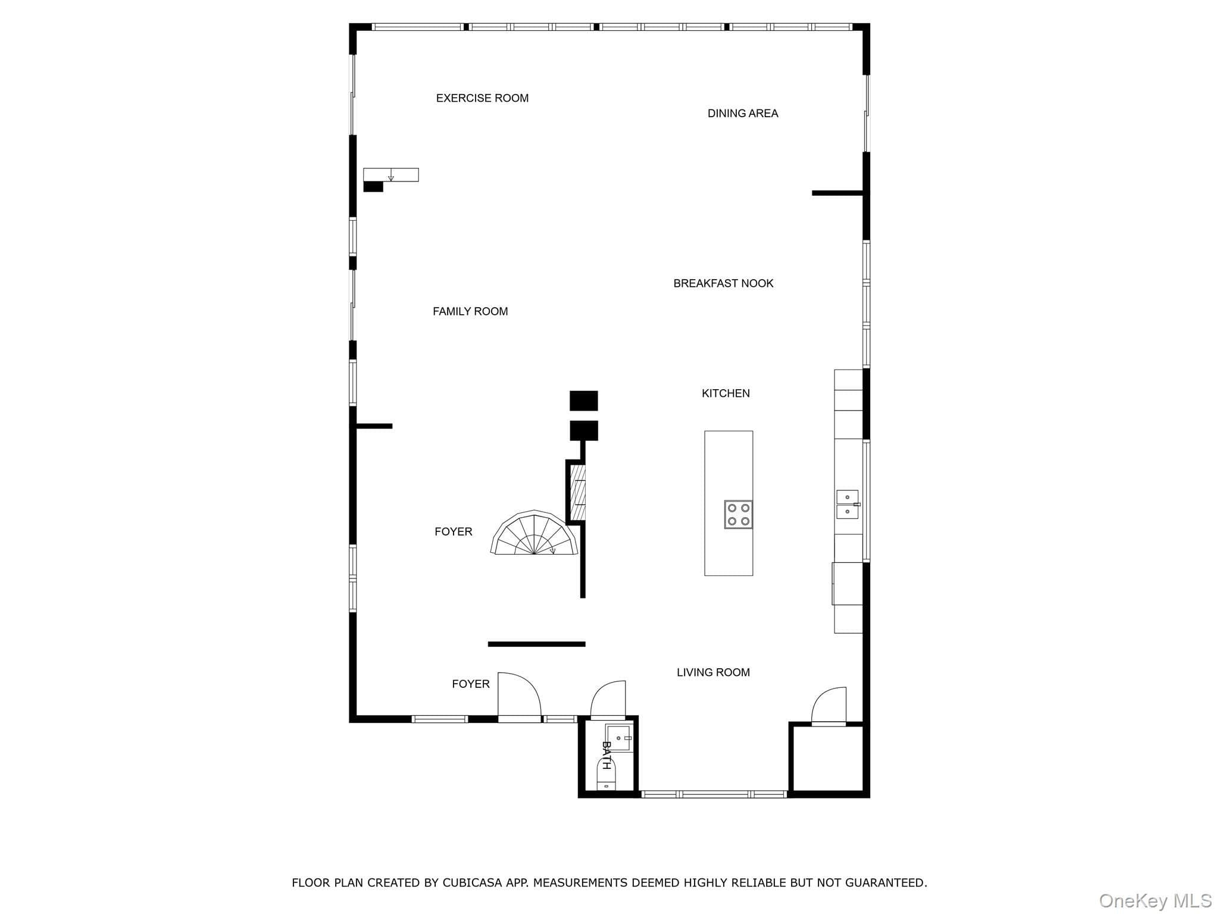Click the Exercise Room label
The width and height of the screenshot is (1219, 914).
(x=482, y=98)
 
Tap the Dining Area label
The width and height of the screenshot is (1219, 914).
(x=743, y=113)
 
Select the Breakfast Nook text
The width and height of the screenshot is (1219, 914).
(x=723, y=283)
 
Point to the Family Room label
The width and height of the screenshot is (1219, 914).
(x=470, y=311)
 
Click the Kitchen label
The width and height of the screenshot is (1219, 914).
(x=726, y=393)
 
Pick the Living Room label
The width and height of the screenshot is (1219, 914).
(x=713, y=672)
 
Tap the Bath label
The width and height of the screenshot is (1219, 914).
(x=606, y=755)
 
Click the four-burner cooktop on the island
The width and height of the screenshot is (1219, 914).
(x=738, y=515)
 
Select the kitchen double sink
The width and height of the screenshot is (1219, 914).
(x=848, y=505)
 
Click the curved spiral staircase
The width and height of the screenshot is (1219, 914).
(x=535, y=533)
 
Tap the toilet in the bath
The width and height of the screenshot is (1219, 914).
(x=606, y=774)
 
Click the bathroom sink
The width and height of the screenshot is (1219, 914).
(x=619, y=738)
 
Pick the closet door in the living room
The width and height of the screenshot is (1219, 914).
(x=829, y=706)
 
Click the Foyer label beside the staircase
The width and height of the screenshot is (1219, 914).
(x=454, y=532)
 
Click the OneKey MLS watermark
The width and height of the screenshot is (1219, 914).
(x=1155, y=901)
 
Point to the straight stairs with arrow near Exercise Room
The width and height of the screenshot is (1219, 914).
(x=391, y=175)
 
